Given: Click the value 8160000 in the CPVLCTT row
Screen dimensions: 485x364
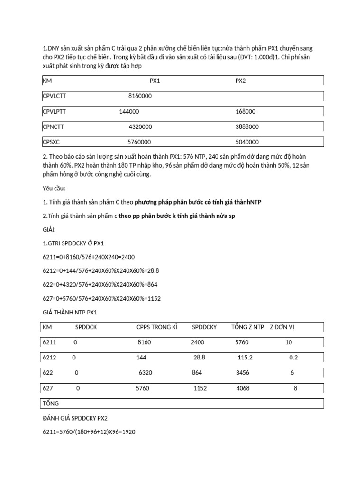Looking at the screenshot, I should coord(140,96).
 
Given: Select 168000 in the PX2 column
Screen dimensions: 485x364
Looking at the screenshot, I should coord(245,111).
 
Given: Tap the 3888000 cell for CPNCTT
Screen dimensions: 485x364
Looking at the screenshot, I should coord(247,127).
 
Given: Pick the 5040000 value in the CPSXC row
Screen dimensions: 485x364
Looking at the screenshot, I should coord(247,142).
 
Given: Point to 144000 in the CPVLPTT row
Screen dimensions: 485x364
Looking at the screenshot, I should coord(129,111).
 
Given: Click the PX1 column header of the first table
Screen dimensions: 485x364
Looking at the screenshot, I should coord(155,81).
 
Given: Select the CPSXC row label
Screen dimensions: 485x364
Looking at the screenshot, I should coord(51,142).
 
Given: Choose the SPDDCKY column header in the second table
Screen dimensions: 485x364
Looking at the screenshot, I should coord(204,327).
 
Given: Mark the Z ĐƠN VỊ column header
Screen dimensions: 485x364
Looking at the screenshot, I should coord(282,327).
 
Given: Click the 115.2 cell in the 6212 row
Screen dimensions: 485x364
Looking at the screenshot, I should coord(245,358).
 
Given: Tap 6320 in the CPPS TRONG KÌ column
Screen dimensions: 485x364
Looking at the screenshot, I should coord(146,373).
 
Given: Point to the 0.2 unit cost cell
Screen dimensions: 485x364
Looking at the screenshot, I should coord(293,358).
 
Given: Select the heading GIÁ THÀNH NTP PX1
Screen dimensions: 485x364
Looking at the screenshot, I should coord(70,312).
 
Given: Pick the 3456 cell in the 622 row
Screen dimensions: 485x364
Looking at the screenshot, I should coord(243,373).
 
